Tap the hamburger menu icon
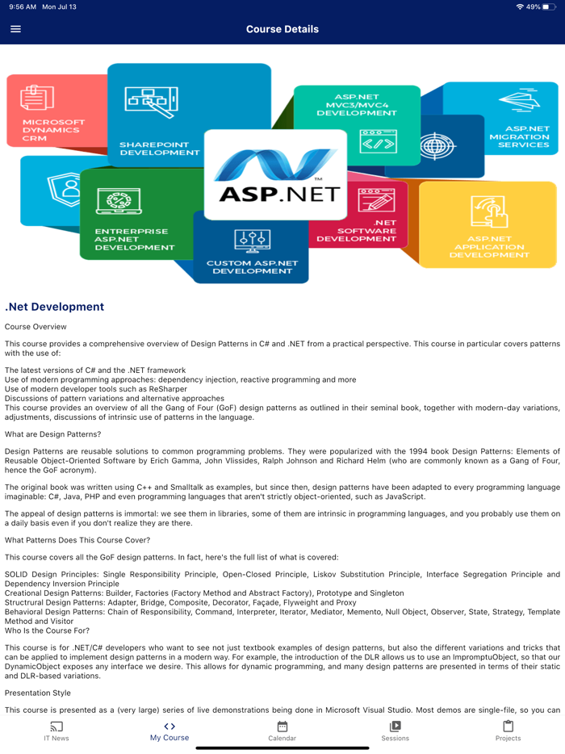pos(15,29)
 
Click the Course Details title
pos(282,29)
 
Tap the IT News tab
pos(56,731)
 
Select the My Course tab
pos(169,731)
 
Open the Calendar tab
pos(282,731)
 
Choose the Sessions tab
pos(395,731)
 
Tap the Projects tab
pos(508,731)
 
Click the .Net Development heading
pos(54,307)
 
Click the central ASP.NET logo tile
pos(277,174)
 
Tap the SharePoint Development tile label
pos(159,149)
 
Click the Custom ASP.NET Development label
pos(252,267)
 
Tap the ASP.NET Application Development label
pos(488,247)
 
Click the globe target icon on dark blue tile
pos(438,146)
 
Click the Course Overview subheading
pos(36,327)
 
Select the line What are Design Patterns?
pos(52,434)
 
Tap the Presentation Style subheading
pos(37,692)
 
